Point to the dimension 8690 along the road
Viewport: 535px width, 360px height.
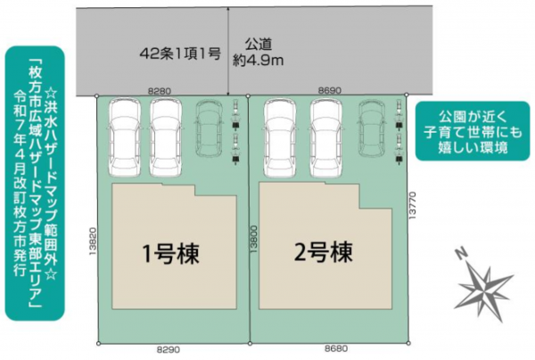pos(330,91)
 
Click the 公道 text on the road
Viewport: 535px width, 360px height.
pos(257,42)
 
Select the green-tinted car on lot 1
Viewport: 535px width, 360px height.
pos(210,127)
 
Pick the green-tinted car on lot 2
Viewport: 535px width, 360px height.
pos(372,127)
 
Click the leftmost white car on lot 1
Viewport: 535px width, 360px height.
pos(124,135)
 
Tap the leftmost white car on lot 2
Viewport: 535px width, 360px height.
pos(284,135)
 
